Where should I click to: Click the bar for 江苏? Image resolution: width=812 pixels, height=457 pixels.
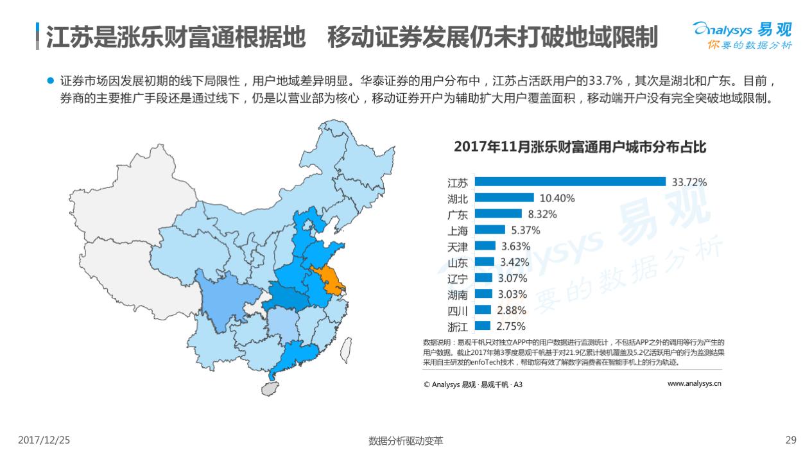tap(570, 182)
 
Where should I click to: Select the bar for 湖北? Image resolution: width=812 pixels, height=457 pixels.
tap(505, 198)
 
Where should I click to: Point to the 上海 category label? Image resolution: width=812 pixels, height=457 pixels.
tap(458, 230)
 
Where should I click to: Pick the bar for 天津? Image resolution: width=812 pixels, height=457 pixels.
tap(485, 246)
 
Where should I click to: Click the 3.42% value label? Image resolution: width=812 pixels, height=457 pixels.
tap(515, 262)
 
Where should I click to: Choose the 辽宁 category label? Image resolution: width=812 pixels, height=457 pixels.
tap(458, 279)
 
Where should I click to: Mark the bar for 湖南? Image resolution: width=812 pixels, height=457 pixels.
tap(483, 294)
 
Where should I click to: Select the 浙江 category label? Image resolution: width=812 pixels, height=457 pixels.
tap(458, 326)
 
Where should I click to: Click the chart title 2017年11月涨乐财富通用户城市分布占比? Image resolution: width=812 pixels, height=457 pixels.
tap(580, 147)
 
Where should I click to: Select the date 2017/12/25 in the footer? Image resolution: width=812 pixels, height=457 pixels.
tap(44, 440)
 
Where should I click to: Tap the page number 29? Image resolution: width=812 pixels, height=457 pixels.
tap(791, 440)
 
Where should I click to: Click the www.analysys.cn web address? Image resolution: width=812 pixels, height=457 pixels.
tap(695, 384)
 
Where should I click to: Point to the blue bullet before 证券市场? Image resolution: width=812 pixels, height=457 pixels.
tap(51, 82)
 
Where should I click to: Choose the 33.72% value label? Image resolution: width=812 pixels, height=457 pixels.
tap(689, 182)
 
